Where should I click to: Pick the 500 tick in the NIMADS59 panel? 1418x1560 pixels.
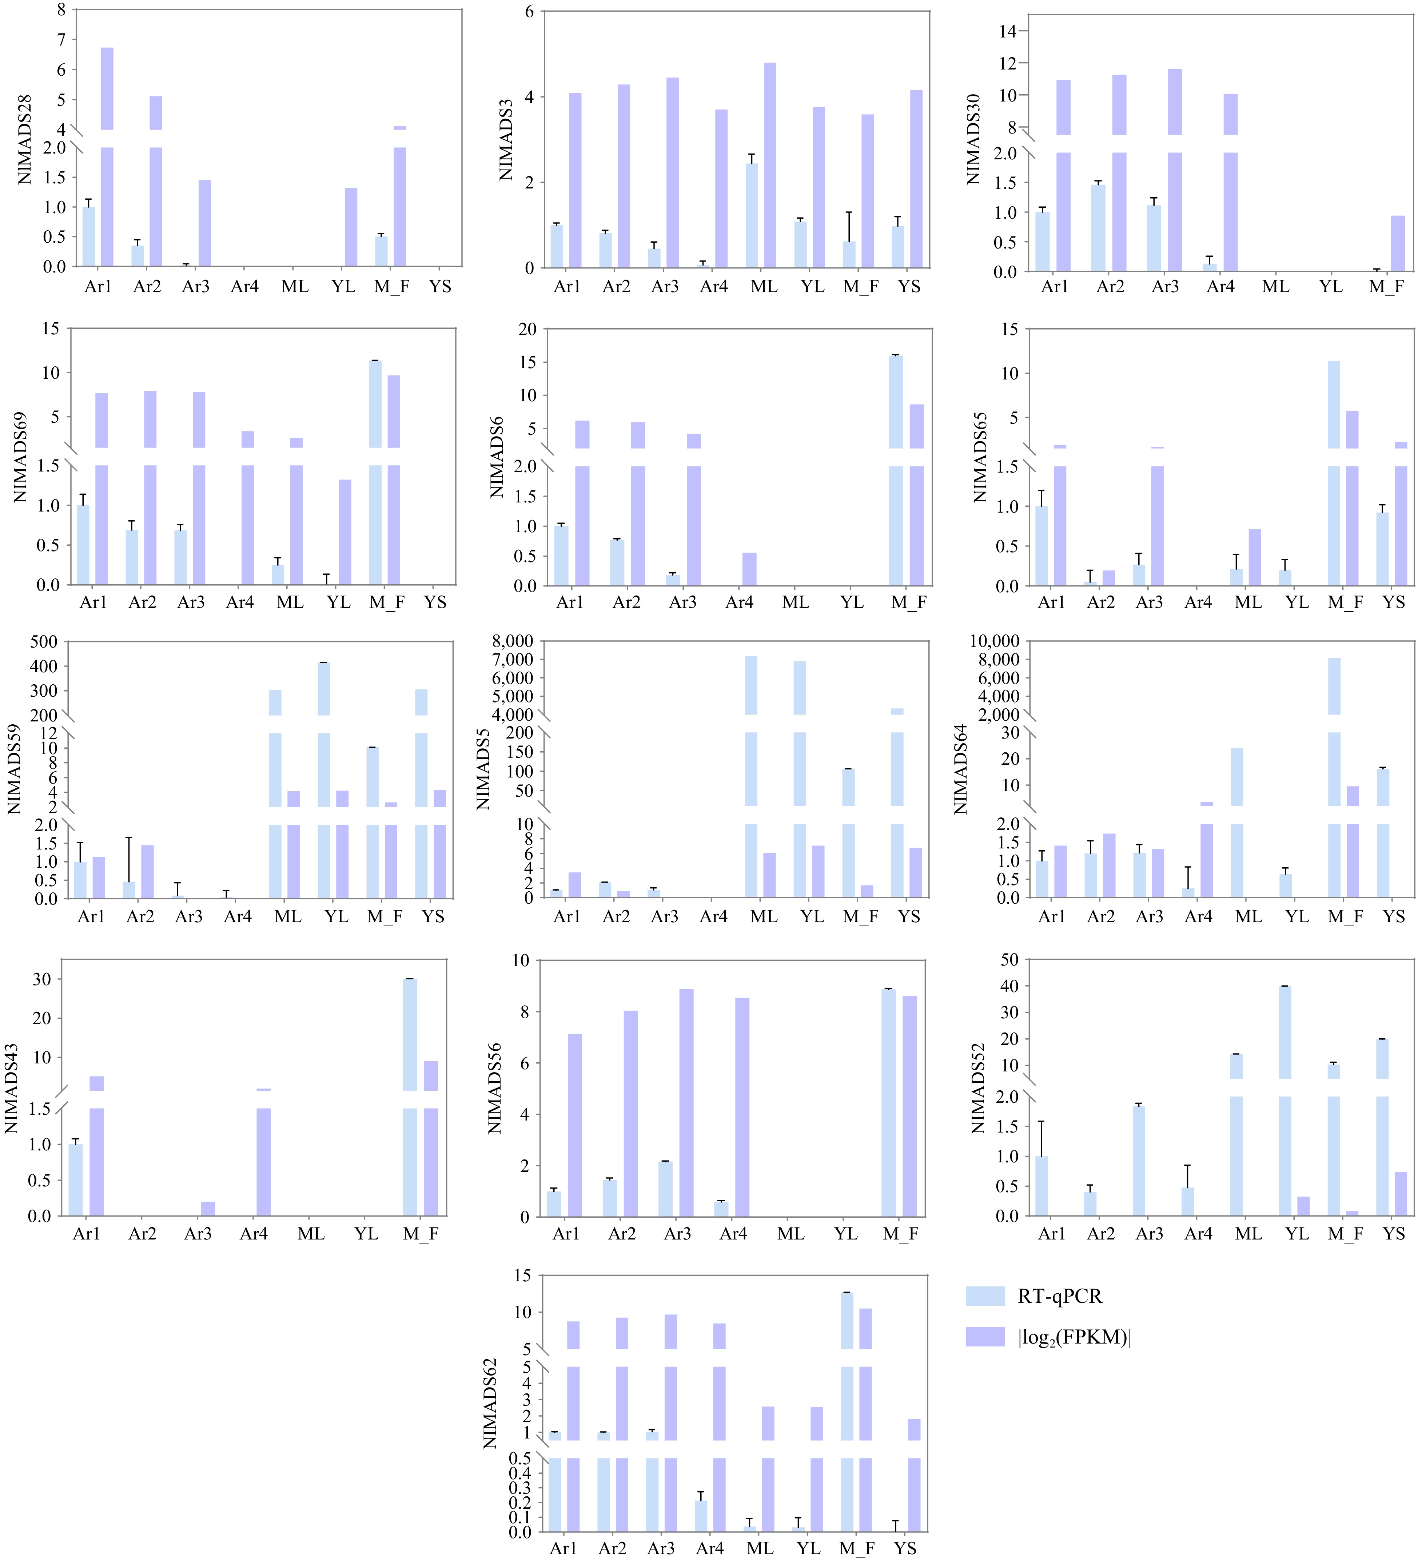pos(44,641)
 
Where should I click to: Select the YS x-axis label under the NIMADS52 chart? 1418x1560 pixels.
pos(1393,1234)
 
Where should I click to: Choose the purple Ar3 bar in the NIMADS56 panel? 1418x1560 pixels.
pos(686,1103)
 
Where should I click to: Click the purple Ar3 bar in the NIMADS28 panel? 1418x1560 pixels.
pos(204,223)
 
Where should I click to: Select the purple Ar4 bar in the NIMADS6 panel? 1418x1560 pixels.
pos(749,569)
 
